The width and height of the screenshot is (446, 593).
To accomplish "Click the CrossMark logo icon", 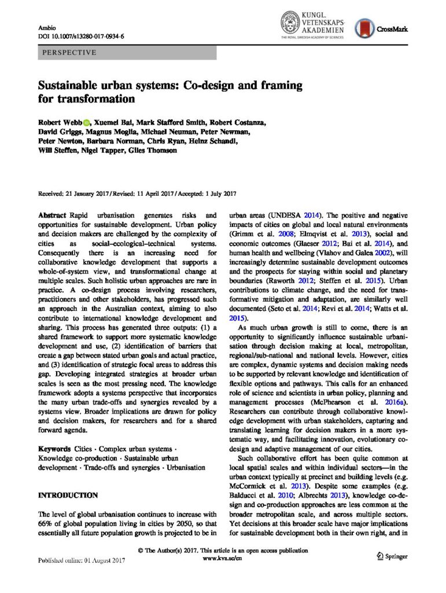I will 364,27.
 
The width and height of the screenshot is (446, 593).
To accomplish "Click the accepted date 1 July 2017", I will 210,193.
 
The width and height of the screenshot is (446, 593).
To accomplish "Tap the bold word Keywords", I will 55,449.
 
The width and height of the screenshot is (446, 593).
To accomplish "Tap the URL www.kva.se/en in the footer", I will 223,559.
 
